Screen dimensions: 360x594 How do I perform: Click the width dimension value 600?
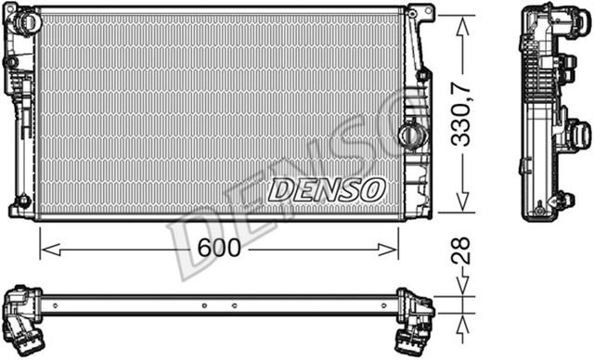[219, 249]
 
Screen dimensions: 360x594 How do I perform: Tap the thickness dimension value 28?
[465, 251]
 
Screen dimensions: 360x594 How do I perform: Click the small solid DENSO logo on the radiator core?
[326, 190]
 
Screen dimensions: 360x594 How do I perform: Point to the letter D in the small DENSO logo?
[279, 190]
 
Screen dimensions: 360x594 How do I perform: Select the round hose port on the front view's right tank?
[409, 135]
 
